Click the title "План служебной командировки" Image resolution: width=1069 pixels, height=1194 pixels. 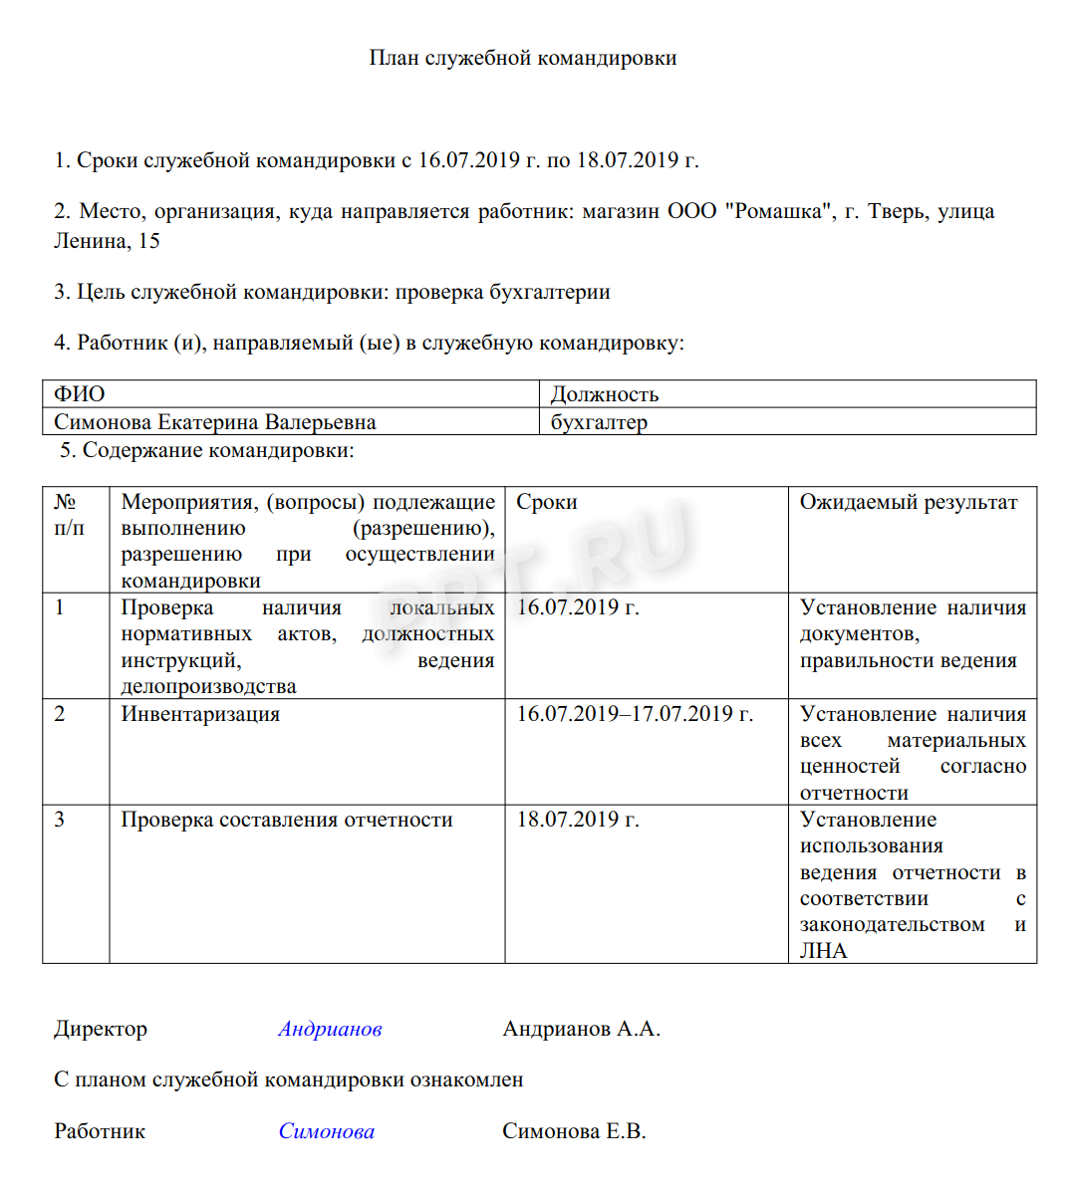pos(522,58)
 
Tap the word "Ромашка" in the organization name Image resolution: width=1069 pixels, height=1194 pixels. pos(779,211)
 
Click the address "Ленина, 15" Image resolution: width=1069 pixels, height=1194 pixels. pos(107,241)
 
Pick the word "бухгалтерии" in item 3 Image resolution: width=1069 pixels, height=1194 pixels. pos(549,292)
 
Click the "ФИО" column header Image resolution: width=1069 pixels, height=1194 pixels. pos(80,394)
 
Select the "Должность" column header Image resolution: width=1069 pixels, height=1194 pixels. pos(605,394)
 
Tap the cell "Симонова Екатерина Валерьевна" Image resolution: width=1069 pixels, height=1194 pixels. pos(215,422)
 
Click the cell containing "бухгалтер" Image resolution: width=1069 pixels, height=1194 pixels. pos(599,422)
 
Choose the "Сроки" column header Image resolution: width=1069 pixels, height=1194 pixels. pos(547,502)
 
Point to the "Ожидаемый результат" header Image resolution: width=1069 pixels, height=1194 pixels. pos(909,502)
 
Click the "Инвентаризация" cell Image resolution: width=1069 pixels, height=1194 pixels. pos(200,714)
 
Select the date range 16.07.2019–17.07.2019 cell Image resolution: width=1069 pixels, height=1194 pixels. pos(635,714)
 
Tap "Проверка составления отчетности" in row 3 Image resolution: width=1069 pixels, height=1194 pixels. pos(287,820)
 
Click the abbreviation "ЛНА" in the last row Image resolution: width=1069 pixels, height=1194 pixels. pos(824,951)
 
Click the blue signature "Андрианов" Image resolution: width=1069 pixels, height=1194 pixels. pos(330,1029)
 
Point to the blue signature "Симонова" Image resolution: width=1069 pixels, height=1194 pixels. pos(327,1131)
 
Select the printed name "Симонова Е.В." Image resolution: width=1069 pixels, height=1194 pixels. pos(574,1131)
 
